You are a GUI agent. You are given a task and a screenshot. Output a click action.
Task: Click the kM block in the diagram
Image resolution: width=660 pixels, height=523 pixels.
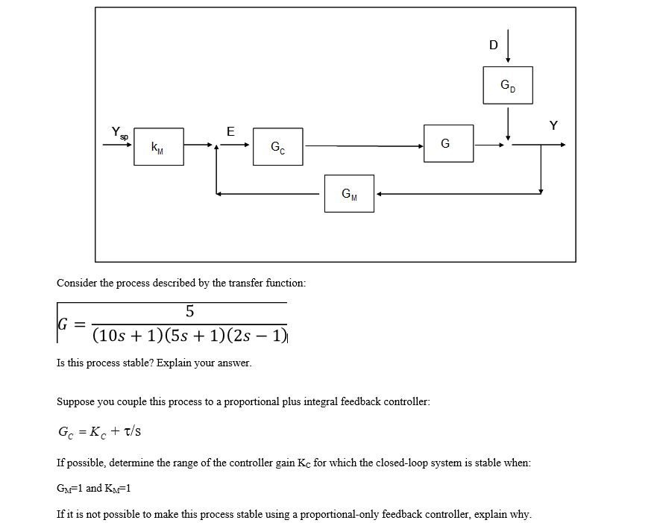click(159, 145)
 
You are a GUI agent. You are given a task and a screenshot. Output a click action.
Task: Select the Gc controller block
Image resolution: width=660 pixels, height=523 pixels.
click(277, 146)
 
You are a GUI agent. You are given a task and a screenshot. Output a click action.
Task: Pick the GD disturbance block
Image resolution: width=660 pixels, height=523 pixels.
click(507, 86)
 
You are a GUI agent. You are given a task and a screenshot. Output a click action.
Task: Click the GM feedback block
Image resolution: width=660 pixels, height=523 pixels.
click(349, 194)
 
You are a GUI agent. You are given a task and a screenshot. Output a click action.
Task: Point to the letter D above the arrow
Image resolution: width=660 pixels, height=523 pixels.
click(493, 45)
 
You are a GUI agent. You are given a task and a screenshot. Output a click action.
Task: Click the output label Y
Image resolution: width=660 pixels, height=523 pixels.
click(553, 125)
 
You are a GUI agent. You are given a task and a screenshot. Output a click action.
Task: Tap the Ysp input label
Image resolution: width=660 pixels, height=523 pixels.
click(119, 134)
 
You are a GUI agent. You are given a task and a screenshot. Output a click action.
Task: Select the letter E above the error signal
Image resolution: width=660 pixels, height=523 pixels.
click(230, 131)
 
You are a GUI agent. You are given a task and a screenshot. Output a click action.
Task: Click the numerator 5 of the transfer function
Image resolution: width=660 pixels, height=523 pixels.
click(189, 311)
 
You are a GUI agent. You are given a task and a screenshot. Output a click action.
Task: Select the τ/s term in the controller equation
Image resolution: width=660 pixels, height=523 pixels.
click(133, 432)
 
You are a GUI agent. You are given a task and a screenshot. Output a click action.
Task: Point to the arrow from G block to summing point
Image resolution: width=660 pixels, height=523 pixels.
click(488, 145)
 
